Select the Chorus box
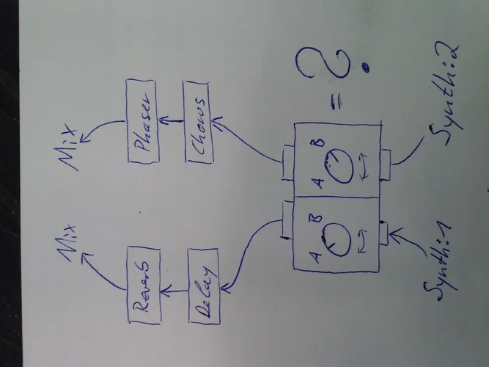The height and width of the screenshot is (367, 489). [x=199, y=123]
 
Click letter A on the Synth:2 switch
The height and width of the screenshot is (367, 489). [x=317, y=181]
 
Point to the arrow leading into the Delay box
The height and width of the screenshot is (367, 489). [x=246, y=250]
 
